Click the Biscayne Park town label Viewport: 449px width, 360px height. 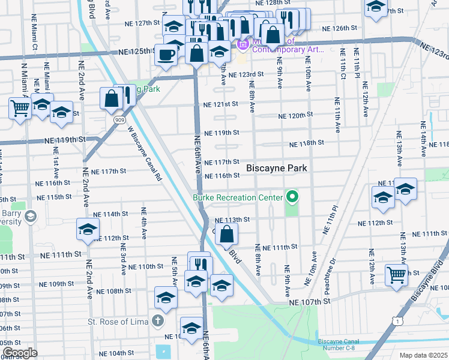point(277,169)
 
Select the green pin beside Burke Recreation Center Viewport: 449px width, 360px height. point(292,197)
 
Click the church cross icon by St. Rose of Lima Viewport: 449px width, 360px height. point(157,321)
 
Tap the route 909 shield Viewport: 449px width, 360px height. point(119,120)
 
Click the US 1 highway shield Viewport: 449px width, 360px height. point(397,322)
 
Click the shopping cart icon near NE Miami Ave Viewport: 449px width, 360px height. point(20,109)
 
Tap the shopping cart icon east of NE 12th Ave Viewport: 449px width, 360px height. point(397,274)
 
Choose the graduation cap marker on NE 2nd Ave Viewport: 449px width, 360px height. point(88,229)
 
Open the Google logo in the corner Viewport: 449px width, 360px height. point(20,353)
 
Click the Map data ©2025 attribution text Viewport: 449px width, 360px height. point(423,355)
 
